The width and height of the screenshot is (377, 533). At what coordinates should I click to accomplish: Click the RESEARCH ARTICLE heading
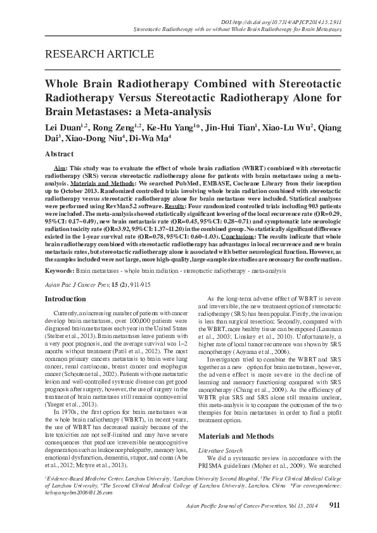[86, 53]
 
